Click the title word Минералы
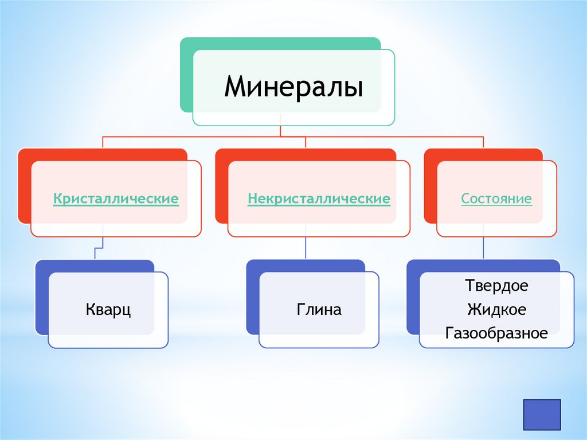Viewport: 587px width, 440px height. (x=293, y=87)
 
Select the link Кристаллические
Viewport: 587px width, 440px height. (x=116, y=199)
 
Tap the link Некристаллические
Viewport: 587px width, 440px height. (x=319, y=199)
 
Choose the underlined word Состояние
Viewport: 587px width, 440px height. (x=496, y=199)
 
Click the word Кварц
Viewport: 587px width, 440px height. (x=108, y=310)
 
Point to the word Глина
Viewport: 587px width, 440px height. (x=319, y=310)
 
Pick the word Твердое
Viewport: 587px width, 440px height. (x=496, y=285)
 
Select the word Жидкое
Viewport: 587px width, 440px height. (x=496, y=310)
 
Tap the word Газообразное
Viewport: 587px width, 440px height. (x=496, y=333)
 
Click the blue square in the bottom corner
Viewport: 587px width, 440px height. (x=542, y=415)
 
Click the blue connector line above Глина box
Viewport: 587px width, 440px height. (x=306, y=248)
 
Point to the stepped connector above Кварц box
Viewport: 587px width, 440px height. (x=99, y=248)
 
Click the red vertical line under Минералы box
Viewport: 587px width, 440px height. (x=280, y=131)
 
